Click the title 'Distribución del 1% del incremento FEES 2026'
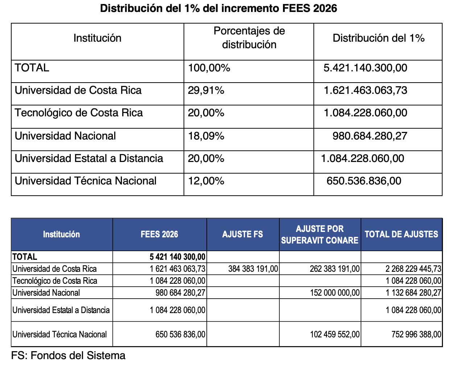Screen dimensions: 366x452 218,8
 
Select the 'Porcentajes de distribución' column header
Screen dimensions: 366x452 249,38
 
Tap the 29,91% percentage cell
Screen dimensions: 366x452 206,90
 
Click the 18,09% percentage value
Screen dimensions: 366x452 206,136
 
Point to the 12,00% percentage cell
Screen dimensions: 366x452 206,181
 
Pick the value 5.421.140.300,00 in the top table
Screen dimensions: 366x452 365,68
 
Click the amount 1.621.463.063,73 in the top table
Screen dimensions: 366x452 365,90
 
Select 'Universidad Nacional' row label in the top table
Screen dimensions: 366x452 65,136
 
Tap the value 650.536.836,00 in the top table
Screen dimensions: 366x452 364,181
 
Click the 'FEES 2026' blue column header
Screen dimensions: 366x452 159,234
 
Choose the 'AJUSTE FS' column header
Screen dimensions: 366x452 242,234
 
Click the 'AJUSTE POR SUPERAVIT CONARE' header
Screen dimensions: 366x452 320,234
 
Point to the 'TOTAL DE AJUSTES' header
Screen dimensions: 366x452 401,234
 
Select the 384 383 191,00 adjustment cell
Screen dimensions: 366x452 253,269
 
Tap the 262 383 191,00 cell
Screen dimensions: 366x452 334,269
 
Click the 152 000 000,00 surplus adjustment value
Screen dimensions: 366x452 334,293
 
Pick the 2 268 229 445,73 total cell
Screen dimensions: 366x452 413,269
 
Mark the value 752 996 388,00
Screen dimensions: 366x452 416,334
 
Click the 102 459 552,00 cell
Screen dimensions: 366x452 334,334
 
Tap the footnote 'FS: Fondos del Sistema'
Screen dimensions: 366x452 68,355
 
